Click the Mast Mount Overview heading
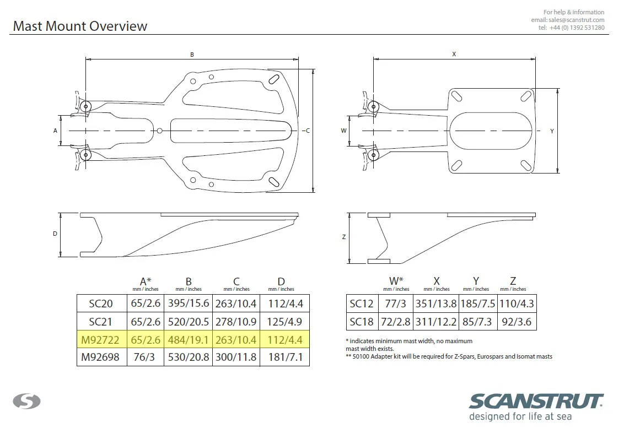80,26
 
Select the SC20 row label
101,304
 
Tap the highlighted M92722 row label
100,340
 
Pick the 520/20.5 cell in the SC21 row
188,321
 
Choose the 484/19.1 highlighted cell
188,340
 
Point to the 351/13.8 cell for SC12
436,304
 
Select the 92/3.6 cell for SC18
517,321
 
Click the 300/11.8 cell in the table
236,357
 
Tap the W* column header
396,280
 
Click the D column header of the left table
281,281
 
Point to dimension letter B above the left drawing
192,55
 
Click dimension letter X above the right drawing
454,54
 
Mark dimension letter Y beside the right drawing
552,131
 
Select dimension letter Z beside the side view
344,237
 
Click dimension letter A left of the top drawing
55,131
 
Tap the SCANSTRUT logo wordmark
536,402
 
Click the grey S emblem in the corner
26,401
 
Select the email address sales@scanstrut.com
576,20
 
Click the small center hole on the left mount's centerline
159,131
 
